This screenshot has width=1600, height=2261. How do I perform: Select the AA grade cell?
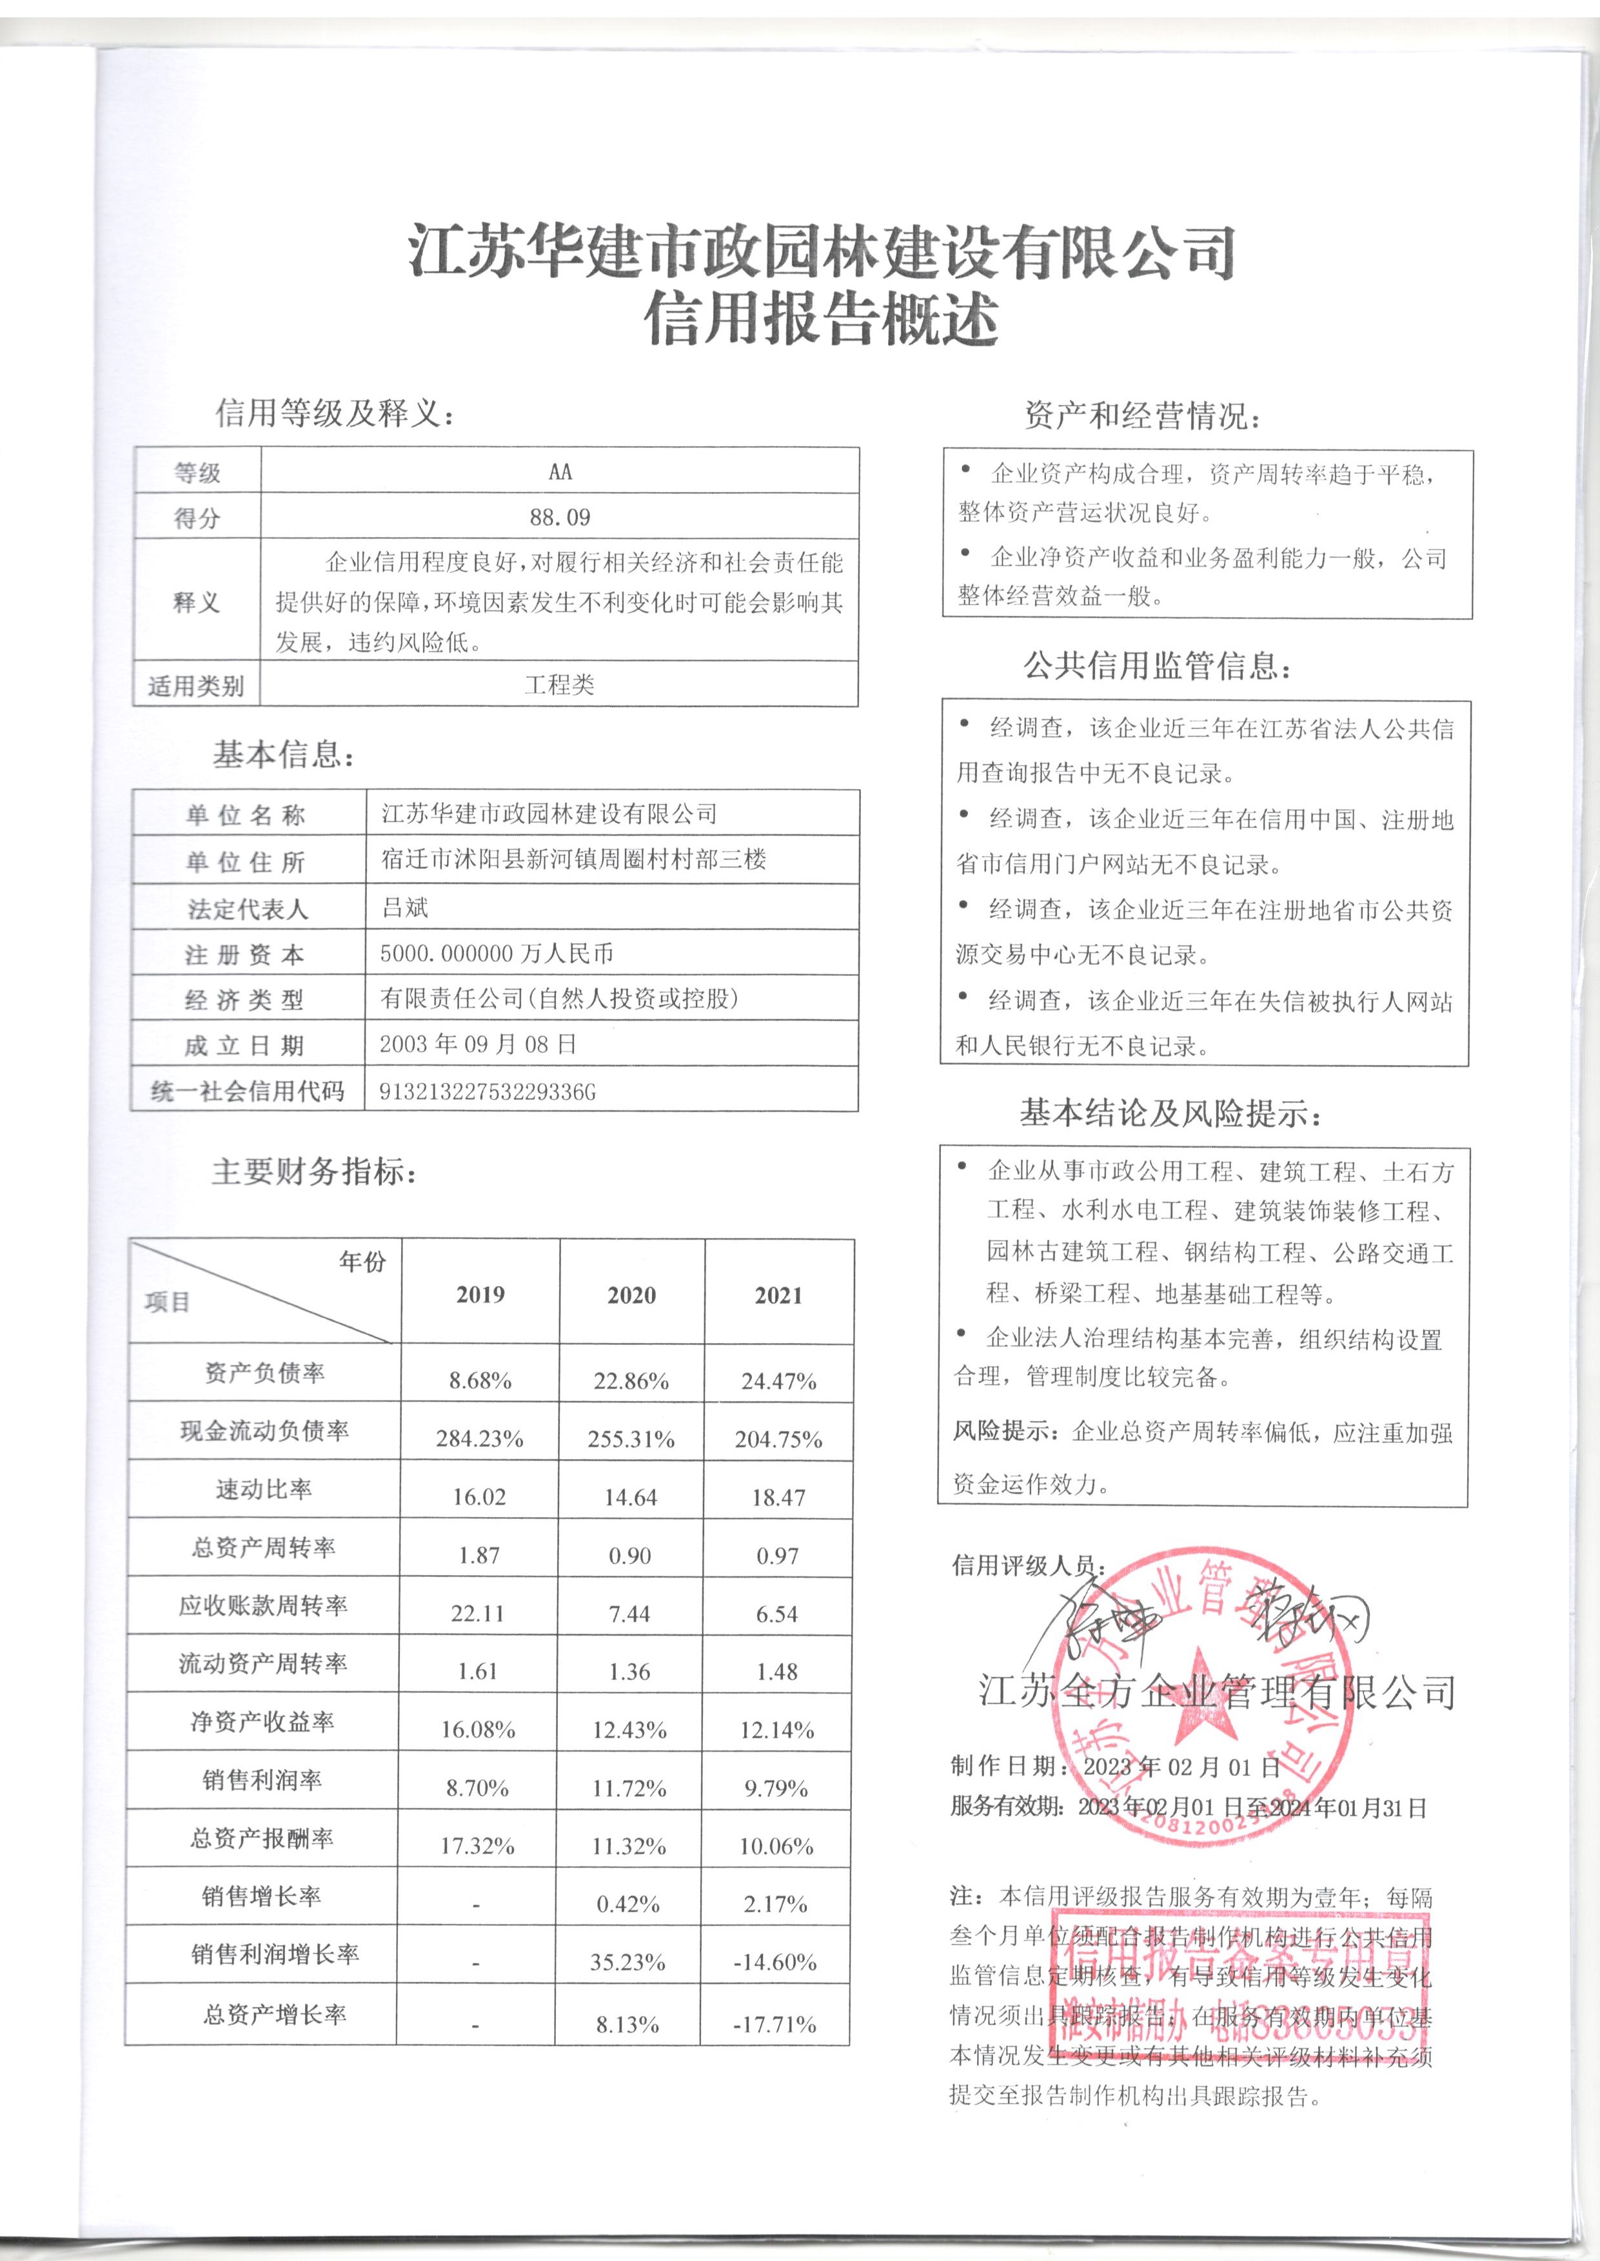coord(560,472)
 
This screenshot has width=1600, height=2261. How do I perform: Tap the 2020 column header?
coord(631,1295)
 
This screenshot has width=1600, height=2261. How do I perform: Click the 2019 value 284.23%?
coord(480,1439)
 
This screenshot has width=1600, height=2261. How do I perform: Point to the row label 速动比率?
coord(264,1489)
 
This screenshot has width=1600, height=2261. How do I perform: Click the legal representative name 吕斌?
coord(405,907)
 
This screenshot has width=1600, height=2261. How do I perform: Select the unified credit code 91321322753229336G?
coord(488,1091)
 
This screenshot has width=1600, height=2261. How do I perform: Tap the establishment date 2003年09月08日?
coord(478,1044)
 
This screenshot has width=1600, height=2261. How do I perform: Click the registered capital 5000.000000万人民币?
coord(497,954)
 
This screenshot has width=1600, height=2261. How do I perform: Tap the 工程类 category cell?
coord(560,685)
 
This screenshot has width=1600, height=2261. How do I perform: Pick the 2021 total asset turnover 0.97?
coord(777,1556)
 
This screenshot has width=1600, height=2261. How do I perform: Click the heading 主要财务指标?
coord(314,1172)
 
